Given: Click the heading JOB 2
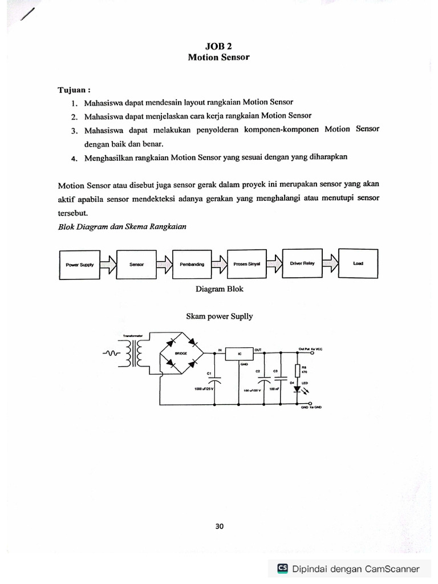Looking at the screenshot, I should point(219,47).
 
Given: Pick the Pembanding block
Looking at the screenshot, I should point(191,265).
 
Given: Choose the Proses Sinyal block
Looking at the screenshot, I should point(246,264).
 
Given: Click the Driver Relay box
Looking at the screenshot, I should point(302,263).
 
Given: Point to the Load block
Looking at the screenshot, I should point(358,263).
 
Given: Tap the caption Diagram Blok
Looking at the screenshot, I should point(219,289).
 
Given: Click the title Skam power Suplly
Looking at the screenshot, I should point(219,316).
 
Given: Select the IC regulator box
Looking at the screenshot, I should point(240,354).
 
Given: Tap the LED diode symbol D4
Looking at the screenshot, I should point(296,388).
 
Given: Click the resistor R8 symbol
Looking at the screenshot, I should point(296,370).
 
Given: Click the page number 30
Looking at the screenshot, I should point(220,526).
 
